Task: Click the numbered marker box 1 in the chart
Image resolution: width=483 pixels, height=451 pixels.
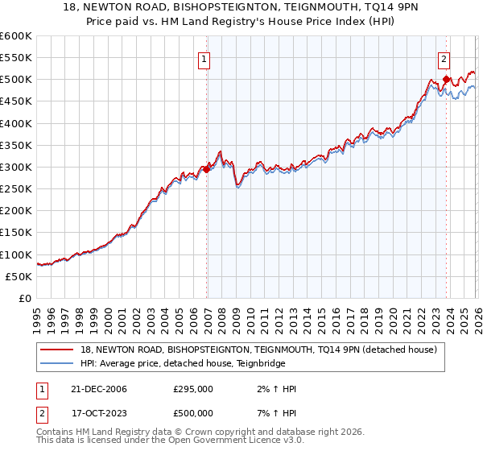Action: pyautogui.click(x=204, y=59)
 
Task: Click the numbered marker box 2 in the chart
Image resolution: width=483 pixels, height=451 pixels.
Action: pyautogui.click(x=444, y=59)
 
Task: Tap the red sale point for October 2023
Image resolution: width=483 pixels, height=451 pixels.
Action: pyautogui.click(x=446, y=79)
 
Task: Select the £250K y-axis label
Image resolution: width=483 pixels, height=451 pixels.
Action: pyautogui.click(x=16, y=189)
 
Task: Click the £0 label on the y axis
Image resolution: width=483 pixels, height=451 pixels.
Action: pyautogui.click(x=24, y=298)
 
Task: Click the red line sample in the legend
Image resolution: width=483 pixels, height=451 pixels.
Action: pyautogui.click(x=58, y=350)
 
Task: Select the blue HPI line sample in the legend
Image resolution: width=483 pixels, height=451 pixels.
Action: pyautogui.click(x=58, y=363)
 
